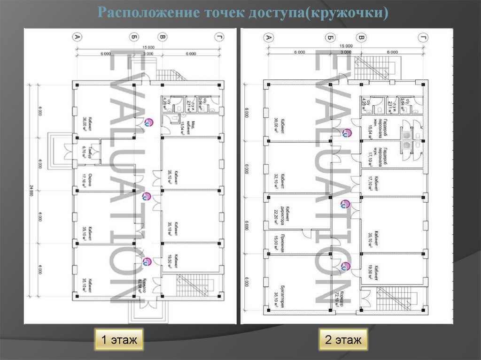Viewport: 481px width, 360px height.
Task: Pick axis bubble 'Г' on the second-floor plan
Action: [x=424, y=38]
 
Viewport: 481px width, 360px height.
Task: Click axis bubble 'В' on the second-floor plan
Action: [x=361, y=38]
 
